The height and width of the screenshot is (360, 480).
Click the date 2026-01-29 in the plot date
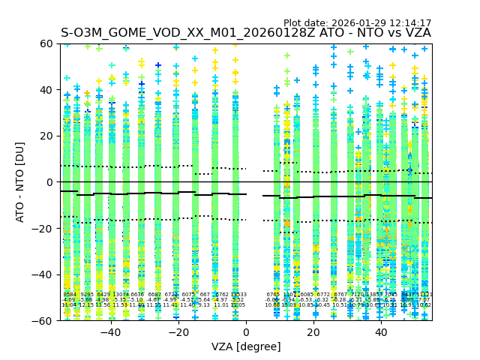click(360, 23)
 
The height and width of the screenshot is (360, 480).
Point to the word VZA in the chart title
click(416, 33)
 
